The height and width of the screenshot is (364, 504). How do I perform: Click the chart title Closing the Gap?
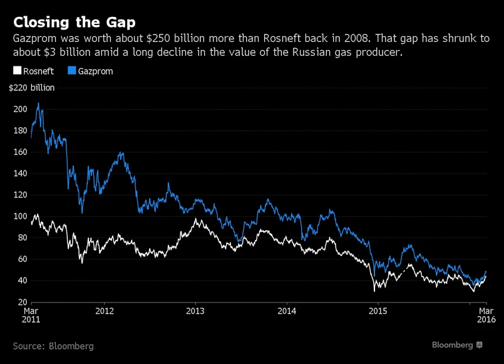pyautogui.click(x=74, y=23)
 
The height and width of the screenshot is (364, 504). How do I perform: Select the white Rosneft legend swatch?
pyautogui.click(x=17, y=71)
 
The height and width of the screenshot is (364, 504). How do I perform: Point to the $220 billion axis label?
pyautogui.click(x=31, y=88)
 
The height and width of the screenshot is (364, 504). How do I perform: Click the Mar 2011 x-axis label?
pyautogui.click(x=32, y=315)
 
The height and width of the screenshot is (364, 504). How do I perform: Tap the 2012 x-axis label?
pyautogui.click(x=104, y=311)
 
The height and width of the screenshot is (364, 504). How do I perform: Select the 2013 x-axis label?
pyautogui.click(x=195, y=311)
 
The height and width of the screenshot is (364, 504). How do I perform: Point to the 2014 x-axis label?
pyautogui.click(x=287, y=311)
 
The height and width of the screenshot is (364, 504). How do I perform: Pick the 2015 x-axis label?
pyautogui.click(x=378, y=311)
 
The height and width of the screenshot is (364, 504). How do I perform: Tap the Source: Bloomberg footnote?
pyautogui.click(x=53, y=346)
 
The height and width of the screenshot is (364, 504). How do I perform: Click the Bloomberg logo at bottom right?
pyautogui.click(x=457, y=345)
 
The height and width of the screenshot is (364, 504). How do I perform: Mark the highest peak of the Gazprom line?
pyautogui.click(x=38, y=103)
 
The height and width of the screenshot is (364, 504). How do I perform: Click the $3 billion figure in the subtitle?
pyautogui.click(x=61, y=53)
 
